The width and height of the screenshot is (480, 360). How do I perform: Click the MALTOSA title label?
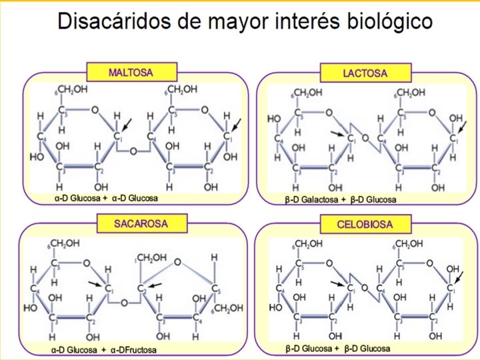(x=132, y=72)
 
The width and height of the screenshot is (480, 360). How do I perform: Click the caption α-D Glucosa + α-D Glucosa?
(x=107, y=198)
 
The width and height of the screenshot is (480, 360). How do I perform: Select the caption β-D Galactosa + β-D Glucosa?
(x=340, y=199)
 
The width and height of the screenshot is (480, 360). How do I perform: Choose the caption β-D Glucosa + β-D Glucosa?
(x=338, y=348)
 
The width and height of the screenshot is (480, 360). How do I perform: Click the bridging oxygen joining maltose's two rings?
(x=133, y=151)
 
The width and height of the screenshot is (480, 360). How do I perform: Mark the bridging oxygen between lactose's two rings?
(x=365, y=139)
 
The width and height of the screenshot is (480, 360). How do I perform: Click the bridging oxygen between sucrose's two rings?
(x=124, y=302)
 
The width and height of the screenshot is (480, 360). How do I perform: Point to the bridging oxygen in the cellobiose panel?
(x=364, y=288)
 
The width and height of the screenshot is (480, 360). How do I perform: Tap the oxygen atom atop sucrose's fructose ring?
(x=176, y=262)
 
